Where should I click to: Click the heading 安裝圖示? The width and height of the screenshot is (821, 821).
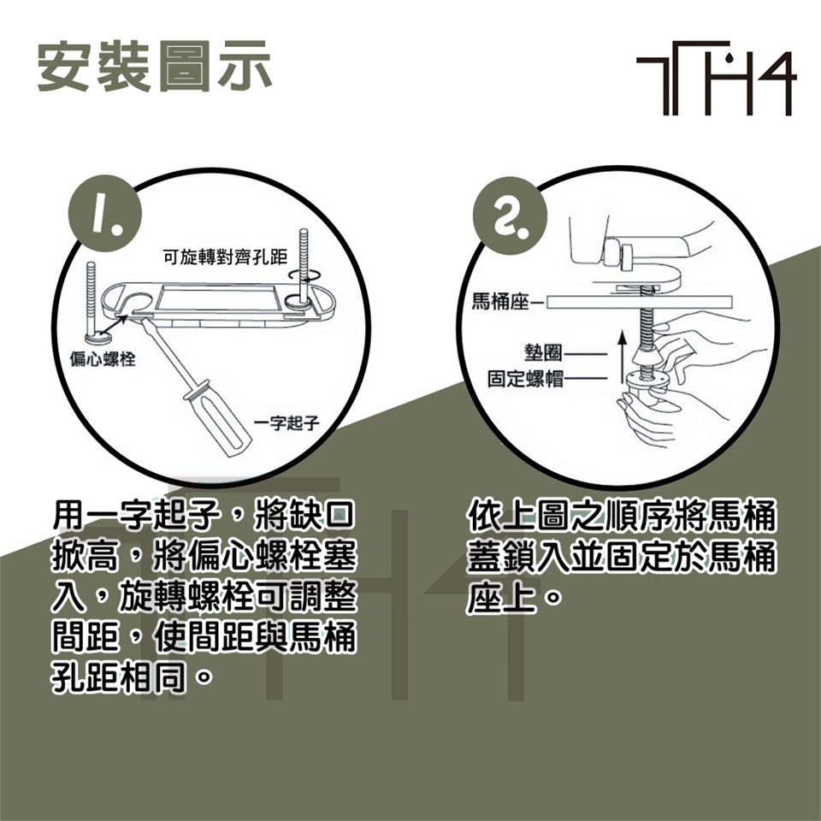(x=155, y=67)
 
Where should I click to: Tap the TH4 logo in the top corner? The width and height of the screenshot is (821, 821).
(x=717, y=78)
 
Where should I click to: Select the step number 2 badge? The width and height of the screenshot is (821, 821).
(x=510, y=216)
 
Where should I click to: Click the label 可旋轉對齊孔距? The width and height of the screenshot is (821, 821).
(x=225, y=257)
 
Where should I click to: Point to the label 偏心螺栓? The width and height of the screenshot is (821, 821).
(x=103, y=359)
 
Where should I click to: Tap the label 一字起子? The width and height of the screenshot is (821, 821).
(x=286, y=422)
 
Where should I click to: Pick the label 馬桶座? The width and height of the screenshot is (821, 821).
(x=500, y=302)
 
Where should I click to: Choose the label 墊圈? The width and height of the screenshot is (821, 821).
(x=543, y=353)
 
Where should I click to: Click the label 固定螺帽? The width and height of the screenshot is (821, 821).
(x=525, y=379)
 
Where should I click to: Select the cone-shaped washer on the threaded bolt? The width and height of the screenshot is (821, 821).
(x=647, y=358)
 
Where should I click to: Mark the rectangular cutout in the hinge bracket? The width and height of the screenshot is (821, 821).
(x=219, y=298)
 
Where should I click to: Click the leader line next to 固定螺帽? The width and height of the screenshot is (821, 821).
(x=585, y=378)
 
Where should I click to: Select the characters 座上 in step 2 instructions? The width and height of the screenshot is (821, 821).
(x=501, y=598)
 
